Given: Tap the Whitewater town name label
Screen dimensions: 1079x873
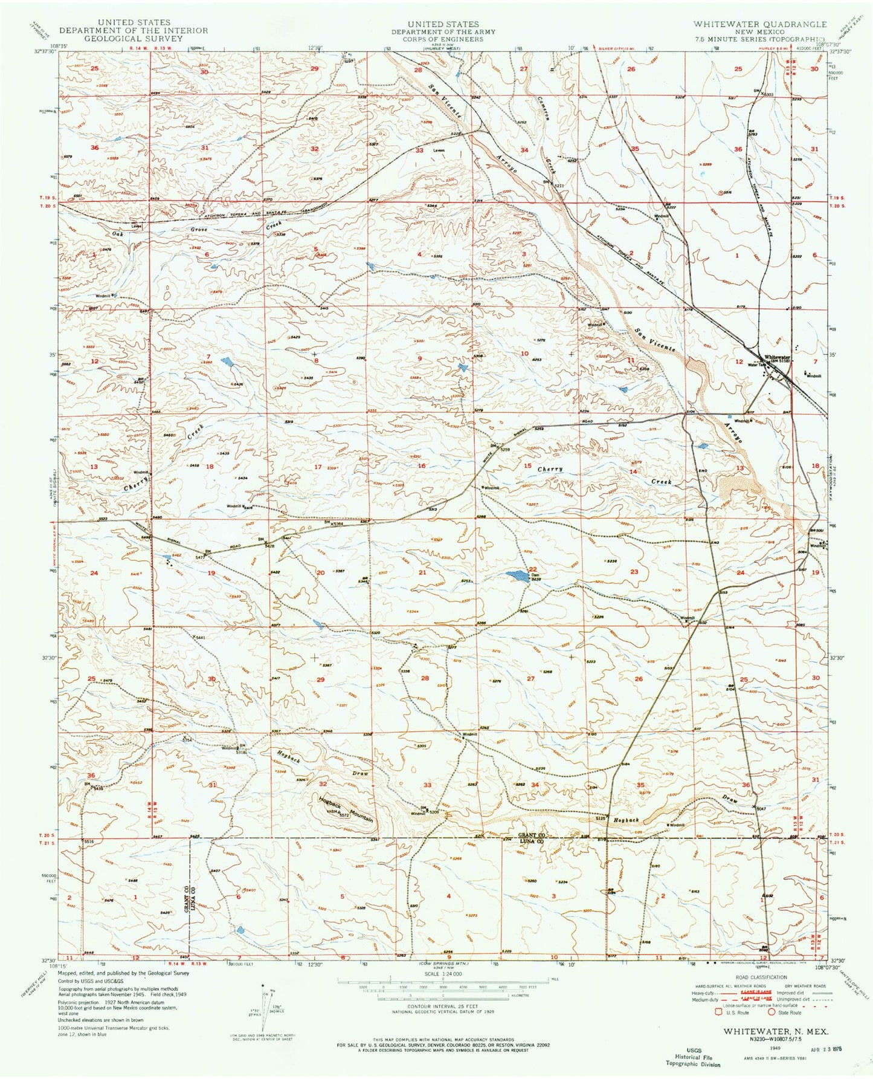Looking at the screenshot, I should click(x=777, y=357).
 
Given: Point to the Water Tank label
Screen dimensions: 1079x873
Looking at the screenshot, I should click(x=756, y=365).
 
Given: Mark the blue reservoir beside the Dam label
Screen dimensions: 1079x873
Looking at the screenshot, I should click(x=516, y=575).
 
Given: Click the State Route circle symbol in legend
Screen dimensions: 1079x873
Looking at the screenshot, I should click(x=773, y=1013).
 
